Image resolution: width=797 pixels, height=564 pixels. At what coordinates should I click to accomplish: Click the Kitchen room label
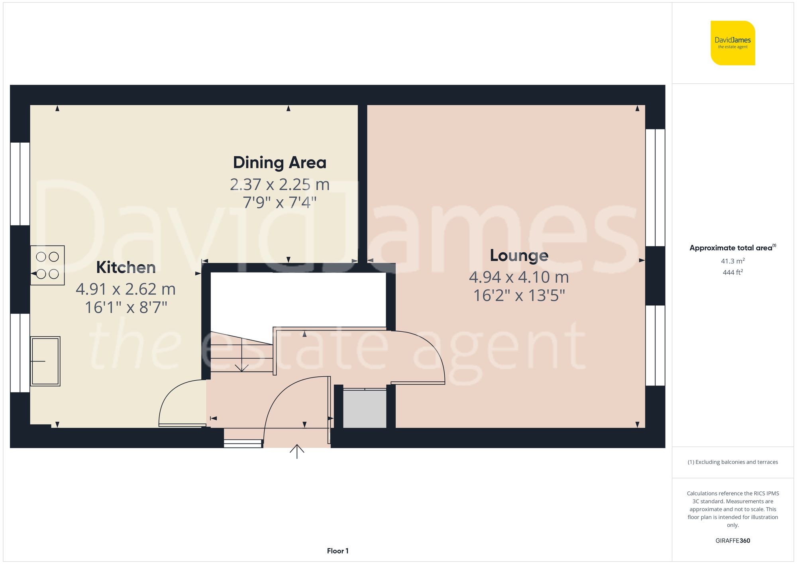click(126, 267)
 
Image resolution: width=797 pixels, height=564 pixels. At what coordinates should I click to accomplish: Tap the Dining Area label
click(279, 163)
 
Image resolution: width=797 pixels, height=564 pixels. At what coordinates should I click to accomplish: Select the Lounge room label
click(519, 255)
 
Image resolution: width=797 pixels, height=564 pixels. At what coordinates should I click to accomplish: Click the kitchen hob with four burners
click(47, 265)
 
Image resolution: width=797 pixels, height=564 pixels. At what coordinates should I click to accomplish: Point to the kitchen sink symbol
click(45, 361)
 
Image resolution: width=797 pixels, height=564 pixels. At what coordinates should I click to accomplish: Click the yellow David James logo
click(732, 43)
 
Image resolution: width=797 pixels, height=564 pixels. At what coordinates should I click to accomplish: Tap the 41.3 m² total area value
click(732, 261)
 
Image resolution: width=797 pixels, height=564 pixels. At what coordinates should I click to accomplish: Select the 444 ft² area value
click(732, 273)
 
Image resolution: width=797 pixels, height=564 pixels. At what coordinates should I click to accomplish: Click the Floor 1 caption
click(338, 551)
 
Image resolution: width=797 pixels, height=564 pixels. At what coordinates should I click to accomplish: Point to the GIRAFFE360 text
click(732, 541)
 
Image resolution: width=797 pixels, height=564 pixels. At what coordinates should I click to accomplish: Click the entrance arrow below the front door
click(297, 451)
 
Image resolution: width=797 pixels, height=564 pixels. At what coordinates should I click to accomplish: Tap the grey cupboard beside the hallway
click(365, 409)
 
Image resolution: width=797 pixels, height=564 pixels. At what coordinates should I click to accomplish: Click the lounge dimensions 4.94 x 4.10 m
click(519, 277)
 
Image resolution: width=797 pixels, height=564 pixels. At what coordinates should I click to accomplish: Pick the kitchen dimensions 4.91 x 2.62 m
click(126, 289)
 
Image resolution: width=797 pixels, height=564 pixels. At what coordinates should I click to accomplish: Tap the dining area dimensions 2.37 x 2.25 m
click(279, 185)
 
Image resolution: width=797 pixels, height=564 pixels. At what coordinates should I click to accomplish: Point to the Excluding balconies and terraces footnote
click(732, 462)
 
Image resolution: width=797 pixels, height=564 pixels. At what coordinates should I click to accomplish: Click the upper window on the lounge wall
click(655, 187)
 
